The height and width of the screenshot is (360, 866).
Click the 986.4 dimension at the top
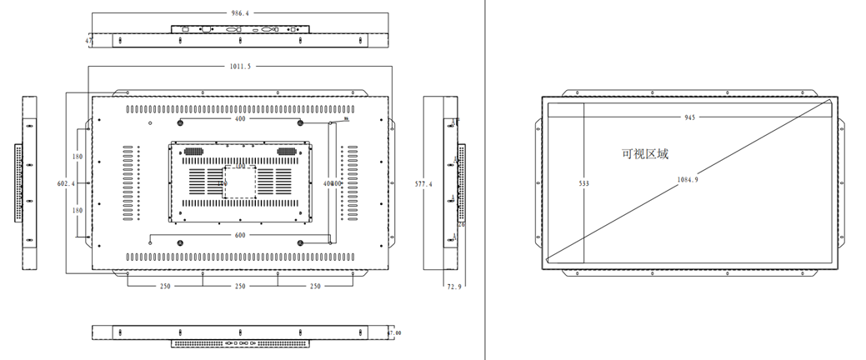[240, 13]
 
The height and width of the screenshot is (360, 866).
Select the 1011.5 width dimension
[240, 66]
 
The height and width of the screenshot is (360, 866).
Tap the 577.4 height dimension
[424, 183]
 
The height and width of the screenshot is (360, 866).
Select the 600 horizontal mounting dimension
[240, 235]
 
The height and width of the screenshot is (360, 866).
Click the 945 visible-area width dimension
[689, 117]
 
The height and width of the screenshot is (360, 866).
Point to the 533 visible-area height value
[583, 182]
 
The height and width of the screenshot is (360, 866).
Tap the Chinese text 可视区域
[645, 154]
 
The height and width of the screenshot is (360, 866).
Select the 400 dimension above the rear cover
[240, 119]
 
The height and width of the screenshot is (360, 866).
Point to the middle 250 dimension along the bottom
[240, 287]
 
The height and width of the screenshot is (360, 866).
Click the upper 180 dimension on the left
[77, 156]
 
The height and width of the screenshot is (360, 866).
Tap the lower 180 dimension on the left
[77, 211]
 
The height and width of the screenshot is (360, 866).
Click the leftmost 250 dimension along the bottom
[165, 287]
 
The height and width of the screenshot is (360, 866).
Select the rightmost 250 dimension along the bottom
[315, 287]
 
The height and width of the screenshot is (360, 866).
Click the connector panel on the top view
[240, 30]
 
